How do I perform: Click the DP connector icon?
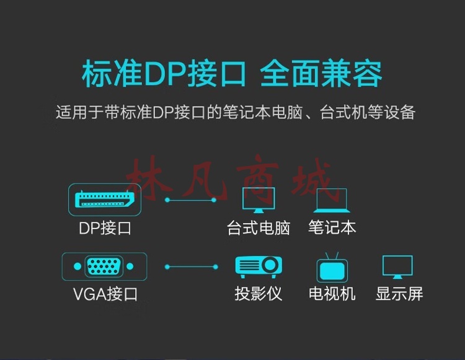pos(105,200)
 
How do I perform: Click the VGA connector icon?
pos(104,266)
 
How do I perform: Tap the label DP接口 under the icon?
pos(105,229)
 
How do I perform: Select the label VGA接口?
pos(105,294)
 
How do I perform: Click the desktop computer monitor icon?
pos(259,200)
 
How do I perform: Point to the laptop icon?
pos(332,200)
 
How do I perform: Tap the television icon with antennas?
pos(332,268)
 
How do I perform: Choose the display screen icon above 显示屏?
pos(397,267)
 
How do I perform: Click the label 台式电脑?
pos(259,228)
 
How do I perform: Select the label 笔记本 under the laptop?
pos(332,227)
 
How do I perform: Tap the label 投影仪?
pos(259,294)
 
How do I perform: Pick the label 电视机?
pos(332,294)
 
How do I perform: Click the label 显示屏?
pos(399,294)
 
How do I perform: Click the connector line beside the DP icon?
pos(191,200)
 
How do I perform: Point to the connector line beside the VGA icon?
pos(192,267)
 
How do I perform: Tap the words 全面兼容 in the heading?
pos(321,74)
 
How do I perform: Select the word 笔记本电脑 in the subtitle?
pos(262,113)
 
